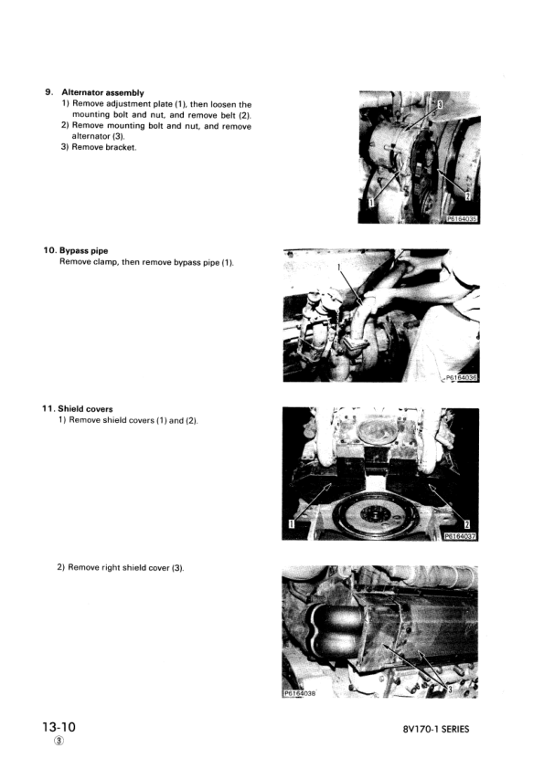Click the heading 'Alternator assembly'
point(102,93)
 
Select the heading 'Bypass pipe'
point(90,251)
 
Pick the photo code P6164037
point(461,537)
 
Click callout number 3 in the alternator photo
point(440,106)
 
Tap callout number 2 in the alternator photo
point(467,195)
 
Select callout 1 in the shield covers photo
point(292,524)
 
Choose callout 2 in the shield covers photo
point(467,524)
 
